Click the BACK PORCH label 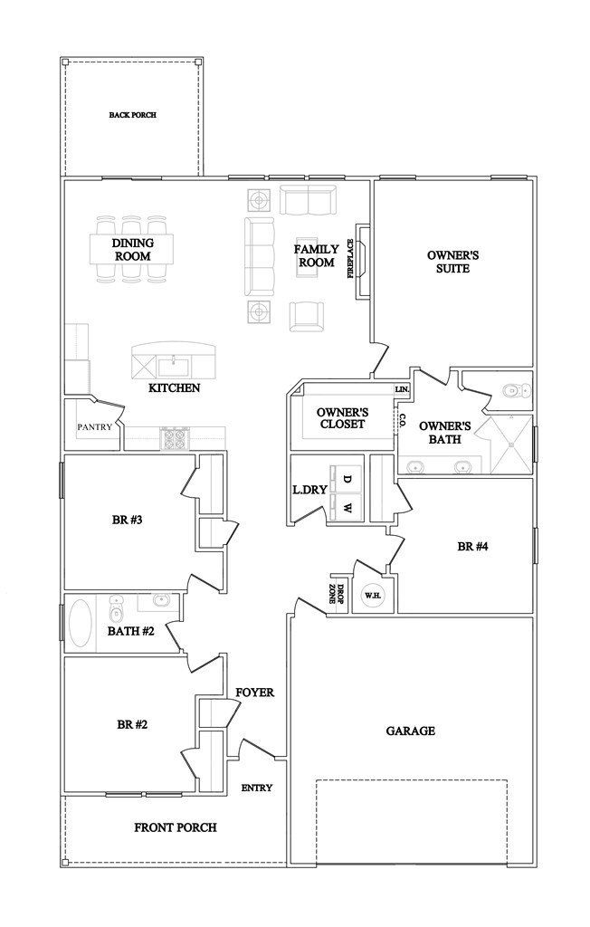(132, 115)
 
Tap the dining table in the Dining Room (132, 249)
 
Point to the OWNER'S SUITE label (452, 262)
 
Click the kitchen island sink (174, 367)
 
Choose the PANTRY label (93, 425)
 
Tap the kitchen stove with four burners (173, 439)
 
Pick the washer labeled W (347, 507)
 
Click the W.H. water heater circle (372, 596)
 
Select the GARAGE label (411, 731)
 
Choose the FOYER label (254, 693)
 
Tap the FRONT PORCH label (176, 827)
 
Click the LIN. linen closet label (402, 389)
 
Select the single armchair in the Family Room (306, 314)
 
